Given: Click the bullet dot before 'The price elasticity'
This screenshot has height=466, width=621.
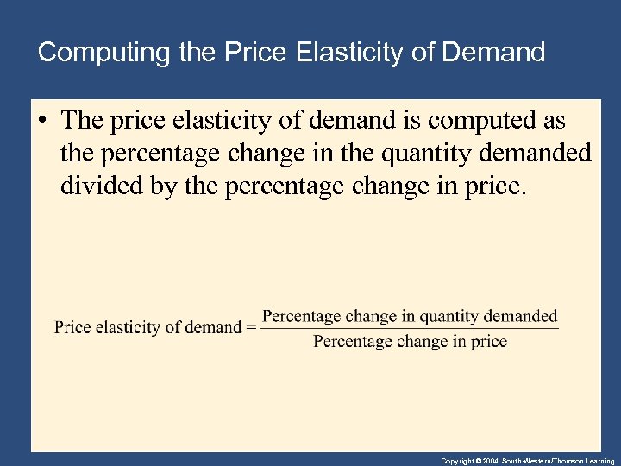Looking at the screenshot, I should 41,122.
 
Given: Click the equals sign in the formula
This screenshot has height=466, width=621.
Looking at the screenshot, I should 250,327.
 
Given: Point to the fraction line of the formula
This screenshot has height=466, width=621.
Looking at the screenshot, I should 410,328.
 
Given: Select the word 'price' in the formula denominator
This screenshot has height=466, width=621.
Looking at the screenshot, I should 489,342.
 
